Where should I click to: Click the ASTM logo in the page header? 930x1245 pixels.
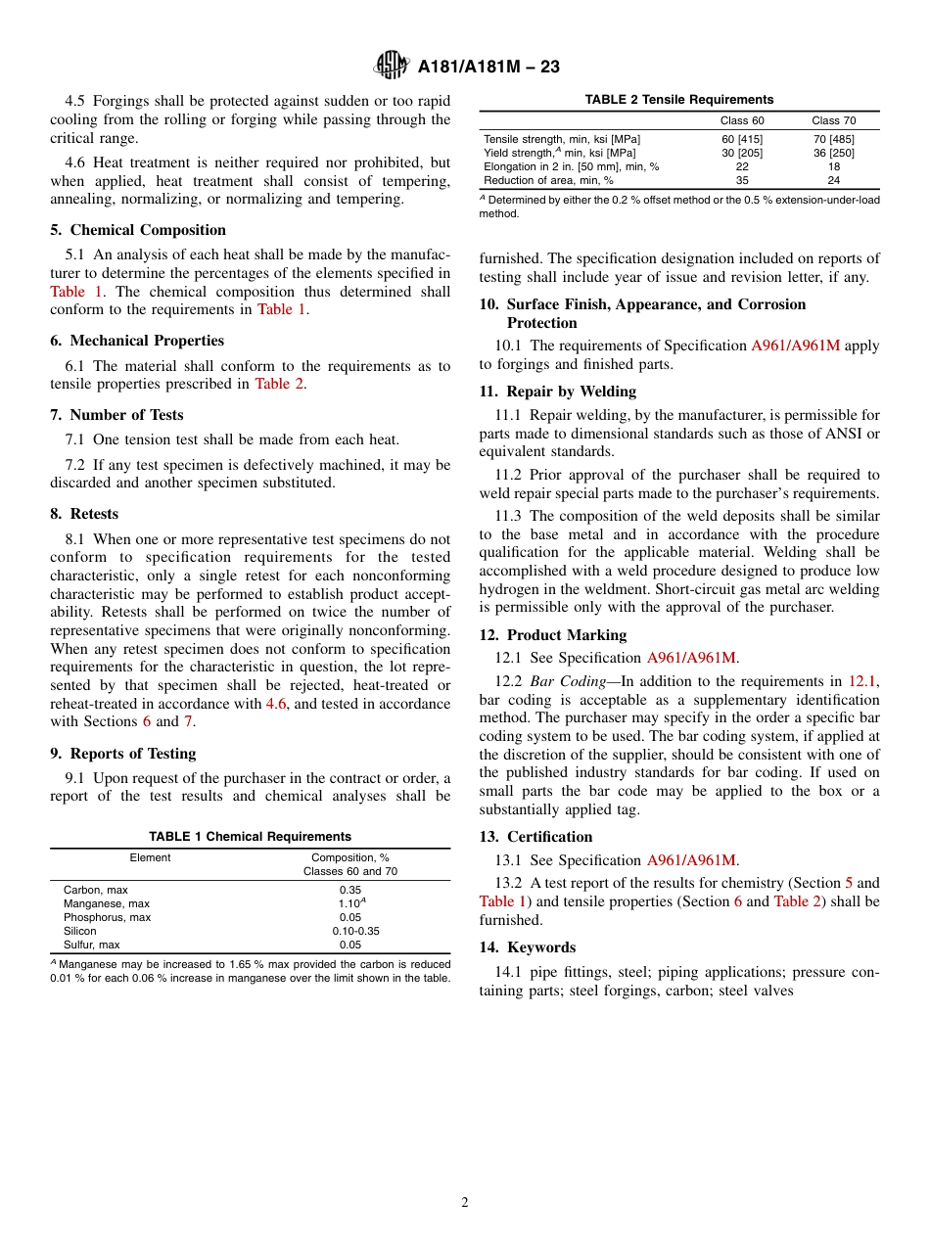tap(392, 66)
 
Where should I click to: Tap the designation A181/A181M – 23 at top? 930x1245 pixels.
tap(488, 67)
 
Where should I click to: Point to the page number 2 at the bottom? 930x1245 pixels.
tap(465, 1203)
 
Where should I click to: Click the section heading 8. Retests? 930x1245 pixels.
tap(84, 514)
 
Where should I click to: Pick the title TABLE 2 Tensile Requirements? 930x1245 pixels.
tap(678, 100)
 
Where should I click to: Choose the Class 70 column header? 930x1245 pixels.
tap(833, 120)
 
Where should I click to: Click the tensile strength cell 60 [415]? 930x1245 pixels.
tap(742, 139)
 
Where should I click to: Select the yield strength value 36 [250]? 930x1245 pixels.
tap(833, 153)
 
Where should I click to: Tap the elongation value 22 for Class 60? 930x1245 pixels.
tap(742, 166)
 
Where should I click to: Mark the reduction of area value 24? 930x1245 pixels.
tap(833, 180)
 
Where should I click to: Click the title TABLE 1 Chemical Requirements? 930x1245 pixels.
tap(250, 837)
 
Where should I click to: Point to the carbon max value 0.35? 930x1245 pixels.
tap(349, 890)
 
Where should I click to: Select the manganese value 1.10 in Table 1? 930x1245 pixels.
tap(349, 903)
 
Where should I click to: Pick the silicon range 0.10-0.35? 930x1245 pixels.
tap(349, 931)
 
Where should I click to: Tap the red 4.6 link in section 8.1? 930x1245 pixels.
tap(276, 704)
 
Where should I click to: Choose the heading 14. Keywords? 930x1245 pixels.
tap(527, 947)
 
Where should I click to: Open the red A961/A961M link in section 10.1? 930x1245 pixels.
tap(795, 346)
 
